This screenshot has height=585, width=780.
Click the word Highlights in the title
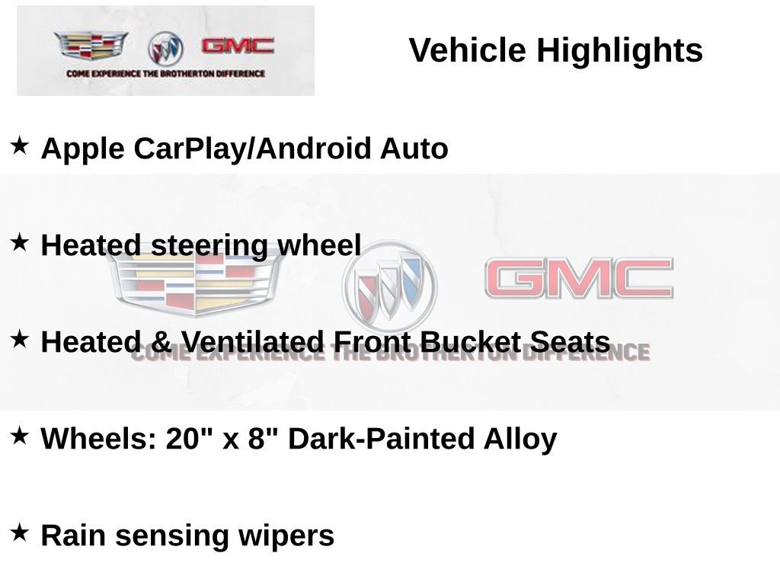(619, 51)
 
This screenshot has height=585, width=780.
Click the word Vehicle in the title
(468, 51)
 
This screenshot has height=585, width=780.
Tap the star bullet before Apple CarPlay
(20, 144)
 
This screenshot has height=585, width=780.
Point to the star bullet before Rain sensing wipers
(20, 531)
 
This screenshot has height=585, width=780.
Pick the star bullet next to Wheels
(20, 435)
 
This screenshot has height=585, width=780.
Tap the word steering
(209, 246)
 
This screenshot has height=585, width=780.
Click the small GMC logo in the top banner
(237, 46)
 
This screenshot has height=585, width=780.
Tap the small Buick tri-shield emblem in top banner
(165, 49)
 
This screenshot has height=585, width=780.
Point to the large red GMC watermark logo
(579, 278)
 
